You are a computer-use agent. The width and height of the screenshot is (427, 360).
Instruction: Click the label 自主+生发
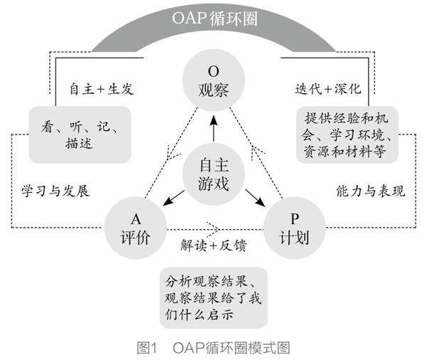tap(101, 90)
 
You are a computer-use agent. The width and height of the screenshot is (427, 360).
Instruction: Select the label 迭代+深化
tap(329, 90)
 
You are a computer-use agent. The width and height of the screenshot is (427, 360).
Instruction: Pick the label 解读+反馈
tap(213, 245)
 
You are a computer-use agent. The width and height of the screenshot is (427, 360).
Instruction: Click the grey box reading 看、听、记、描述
tap(80, 133)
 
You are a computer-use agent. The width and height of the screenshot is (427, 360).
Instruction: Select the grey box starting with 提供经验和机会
tap(348, 133)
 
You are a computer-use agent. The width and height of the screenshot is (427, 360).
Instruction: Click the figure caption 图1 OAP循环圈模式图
tap(213, 347)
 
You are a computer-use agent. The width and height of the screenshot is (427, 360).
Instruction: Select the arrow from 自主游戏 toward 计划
tap(253, 198)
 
